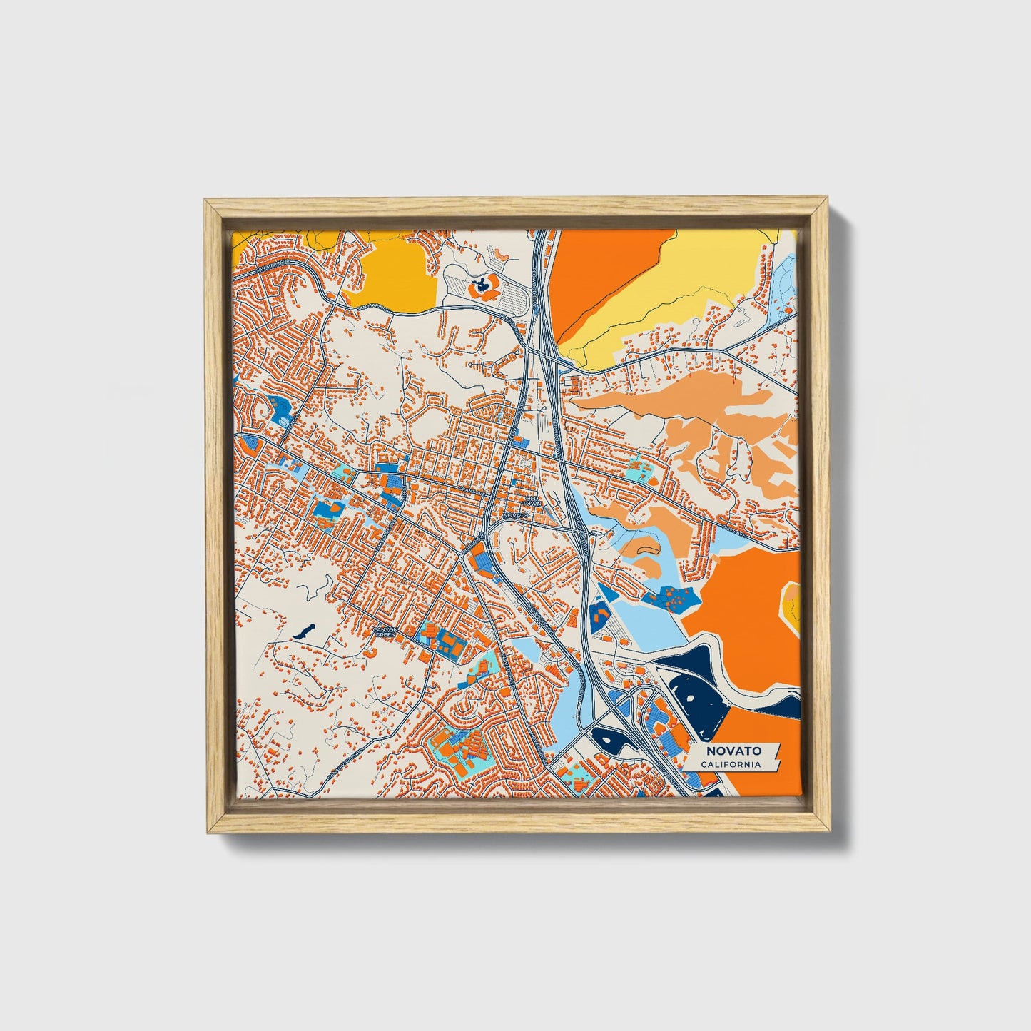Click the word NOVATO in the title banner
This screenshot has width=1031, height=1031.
coord(733,751)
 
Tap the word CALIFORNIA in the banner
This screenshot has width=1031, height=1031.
coord(730,765)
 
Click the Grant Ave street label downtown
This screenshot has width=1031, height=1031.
coord(470,492)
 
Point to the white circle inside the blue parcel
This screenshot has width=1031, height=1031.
coord(285,422)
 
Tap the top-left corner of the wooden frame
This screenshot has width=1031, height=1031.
coord(205,200)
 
